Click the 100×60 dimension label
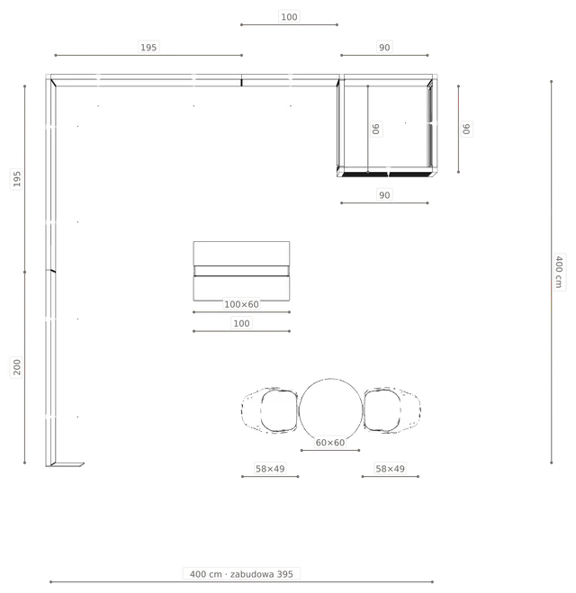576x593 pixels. (241, 304)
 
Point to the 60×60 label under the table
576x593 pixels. (330, 443)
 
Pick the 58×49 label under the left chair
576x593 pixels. (270, 469)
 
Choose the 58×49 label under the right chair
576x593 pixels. (391, 469)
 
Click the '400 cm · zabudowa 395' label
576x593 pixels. (241, 574)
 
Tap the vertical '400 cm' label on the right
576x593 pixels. (559, 272)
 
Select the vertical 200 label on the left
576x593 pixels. (17, 367)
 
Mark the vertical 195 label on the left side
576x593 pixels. (17, 179)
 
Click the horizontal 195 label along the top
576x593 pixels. (148, 48)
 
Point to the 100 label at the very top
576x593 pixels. (289, 17)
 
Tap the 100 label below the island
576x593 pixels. (241, 323)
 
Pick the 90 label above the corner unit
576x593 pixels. (384, 48)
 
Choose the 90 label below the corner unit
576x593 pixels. (384, 195)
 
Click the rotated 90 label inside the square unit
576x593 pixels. (375, 129)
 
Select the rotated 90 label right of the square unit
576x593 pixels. (466, 129)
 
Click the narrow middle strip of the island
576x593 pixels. (241, 271)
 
